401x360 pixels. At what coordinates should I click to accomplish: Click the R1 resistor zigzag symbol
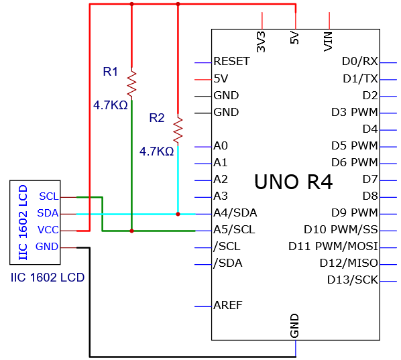131,84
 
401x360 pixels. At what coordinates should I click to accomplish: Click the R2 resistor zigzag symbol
178,130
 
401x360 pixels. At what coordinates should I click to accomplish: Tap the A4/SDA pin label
235,213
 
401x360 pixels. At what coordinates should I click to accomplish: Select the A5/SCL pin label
234,230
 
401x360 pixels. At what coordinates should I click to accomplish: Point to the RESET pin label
231,62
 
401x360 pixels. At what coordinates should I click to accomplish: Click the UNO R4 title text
293,182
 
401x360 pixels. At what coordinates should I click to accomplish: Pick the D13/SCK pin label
353,280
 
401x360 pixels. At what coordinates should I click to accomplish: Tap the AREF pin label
228,305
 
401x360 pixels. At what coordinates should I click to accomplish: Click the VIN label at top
328,42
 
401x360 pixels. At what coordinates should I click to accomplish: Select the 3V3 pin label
261,42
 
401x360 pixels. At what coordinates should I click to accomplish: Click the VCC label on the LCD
48,230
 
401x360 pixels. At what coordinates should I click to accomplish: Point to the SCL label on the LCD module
49,196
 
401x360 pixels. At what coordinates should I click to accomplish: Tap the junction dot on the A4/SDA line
178,214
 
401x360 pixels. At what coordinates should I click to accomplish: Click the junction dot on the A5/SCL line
131,231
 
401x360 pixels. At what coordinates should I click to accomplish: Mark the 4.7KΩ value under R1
110,105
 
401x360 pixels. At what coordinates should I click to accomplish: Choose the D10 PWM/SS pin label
341,229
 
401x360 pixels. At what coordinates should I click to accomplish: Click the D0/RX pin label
360,62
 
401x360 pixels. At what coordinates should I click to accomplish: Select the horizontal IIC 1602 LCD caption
48,278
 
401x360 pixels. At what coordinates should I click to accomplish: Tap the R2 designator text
157,118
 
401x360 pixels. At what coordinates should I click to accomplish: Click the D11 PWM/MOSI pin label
333,246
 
